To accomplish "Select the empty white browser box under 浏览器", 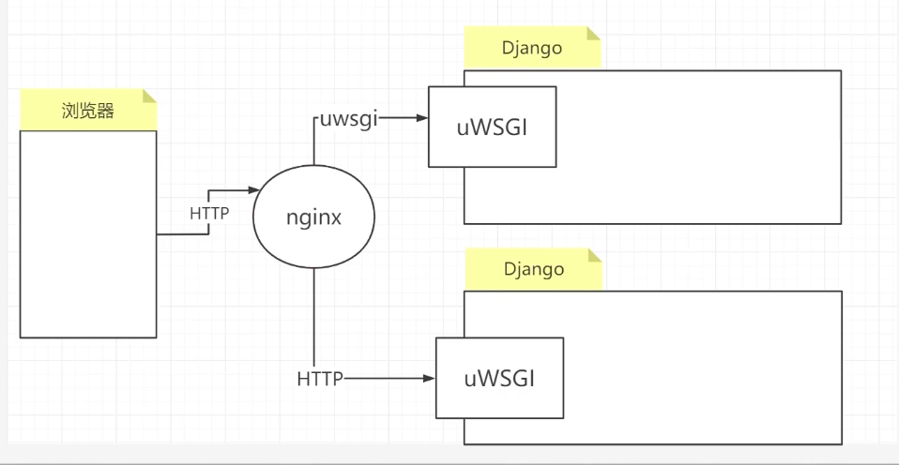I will pos(88,234).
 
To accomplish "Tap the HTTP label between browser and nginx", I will pos(209,213).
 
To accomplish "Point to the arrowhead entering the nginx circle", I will pos(253,190).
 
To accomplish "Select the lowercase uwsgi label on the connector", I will pos(348,120).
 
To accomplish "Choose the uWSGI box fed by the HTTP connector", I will pos(500,379).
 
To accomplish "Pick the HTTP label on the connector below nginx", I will pos(320,380).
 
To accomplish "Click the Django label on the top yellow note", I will pos(532,49).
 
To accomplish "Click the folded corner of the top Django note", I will pos(593,34).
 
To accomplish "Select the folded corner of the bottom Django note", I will pos(593,255).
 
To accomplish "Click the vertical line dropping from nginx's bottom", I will pos(312,319).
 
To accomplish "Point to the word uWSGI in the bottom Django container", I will pos(500,379).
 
